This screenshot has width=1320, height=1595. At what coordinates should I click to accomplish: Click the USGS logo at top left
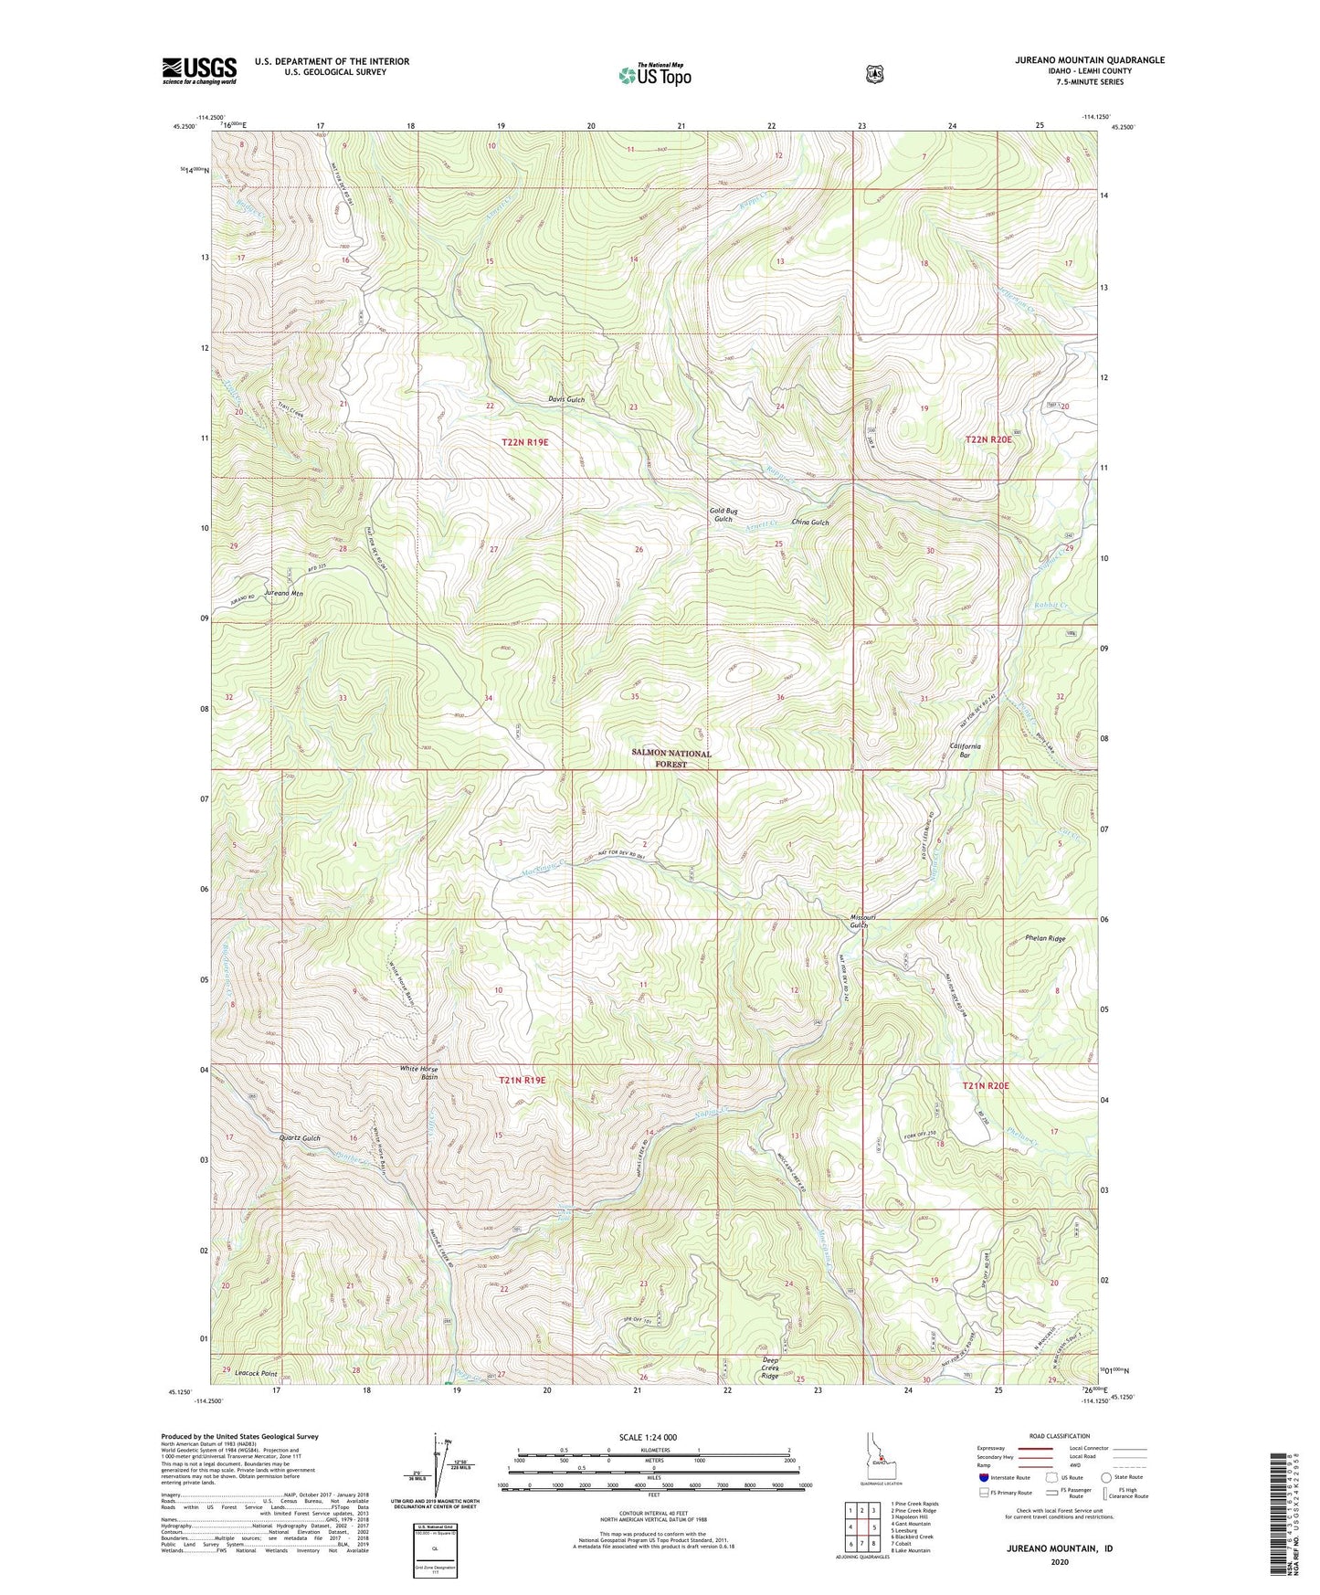[199, 70]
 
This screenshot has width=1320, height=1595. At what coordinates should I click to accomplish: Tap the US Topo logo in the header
[654, 75]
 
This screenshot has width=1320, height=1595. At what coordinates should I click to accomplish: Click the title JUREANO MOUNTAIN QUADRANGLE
[1089, 60]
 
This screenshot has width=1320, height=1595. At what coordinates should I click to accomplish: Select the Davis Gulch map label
[566, 399]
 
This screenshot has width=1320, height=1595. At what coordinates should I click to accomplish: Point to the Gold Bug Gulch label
[723, 514]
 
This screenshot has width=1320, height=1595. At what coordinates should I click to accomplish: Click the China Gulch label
[810, 522]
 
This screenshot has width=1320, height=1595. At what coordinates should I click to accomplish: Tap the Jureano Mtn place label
[283, 593]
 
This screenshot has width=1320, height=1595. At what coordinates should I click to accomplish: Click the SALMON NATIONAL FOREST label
[671, 758]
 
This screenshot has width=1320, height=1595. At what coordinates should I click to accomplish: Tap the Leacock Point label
[256, 1373]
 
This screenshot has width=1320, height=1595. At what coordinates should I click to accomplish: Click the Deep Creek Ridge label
[770, 1369]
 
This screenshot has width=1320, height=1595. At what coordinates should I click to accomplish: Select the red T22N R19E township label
[524, 442]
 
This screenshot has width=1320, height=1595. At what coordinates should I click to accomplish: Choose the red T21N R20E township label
[986, 1084]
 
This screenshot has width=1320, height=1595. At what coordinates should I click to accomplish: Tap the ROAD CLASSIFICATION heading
[1060, 1436]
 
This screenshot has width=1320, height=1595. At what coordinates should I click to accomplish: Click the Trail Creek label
[283, 412]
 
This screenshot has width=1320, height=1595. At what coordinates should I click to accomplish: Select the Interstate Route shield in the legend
[983, 1477]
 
